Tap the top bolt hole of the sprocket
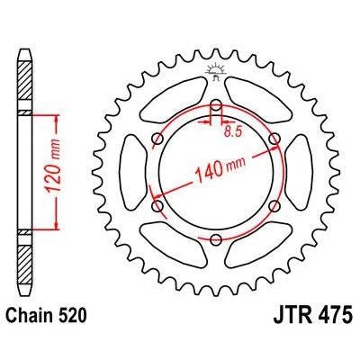coord(216,103)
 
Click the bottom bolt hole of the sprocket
coord(216,238)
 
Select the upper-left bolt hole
coord(158,137)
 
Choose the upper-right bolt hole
coord(274,137)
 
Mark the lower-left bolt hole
coord(158,205)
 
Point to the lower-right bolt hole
coord(274,205)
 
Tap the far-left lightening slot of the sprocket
coord(135,171)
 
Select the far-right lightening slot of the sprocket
coord(298,171)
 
